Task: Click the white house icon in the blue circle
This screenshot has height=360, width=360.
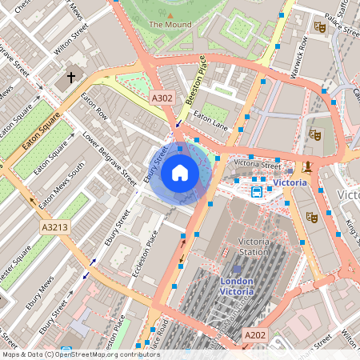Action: tap(180, 172)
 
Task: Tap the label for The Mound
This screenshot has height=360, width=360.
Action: tap(170, 24)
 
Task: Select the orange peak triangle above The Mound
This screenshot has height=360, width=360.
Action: tap(170, 14)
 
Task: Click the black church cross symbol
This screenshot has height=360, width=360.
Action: tap(71, 78)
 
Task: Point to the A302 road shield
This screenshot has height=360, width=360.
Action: tap(162, 98)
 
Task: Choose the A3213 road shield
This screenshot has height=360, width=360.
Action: tap(54, 228)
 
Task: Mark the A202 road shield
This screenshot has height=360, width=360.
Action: tap(254, 334)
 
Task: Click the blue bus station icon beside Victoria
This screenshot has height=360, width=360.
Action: tap(257, 191)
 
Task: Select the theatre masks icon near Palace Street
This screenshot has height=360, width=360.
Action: tap(320, 26)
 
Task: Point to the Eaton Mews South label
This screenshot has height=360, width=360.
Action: tap(61, 185)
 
